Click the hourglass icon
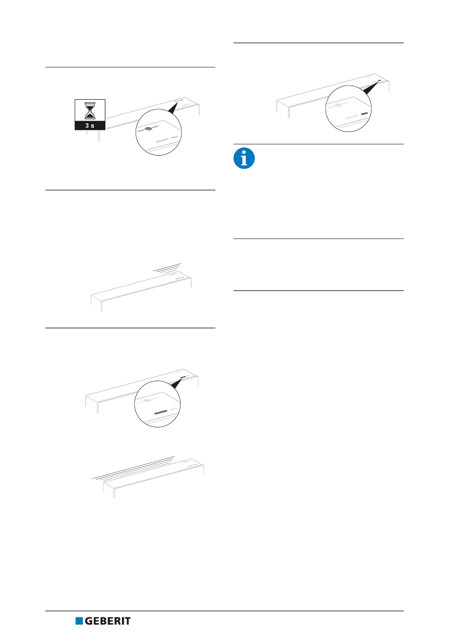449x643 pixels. pyautogui.click(x=90, y=111)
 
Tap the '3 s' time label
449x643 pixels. pyautogui.click(x=90, y=125)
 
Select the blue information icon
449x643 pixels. pyautogui.click(x=244, y=158)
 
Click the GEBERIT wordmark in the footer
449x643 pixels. pyautogui.click(x=108, y=621)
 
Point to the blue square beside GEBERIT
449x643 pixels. pyautogui.click(x=79, y=621)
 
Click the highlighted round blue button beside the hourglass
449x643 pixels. pyautogui.click(x=148, y=129)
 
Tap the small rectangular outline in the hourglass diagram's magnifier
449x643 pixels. pyautogui.click(x=174, y=138)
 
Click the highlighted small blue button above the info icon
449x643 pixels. pyautogui.click(x=364, y=113)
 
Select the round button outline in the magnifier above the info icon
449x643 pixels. pyautogui.click(x=338, y=105)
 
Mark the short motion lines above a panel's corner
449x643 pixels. pyautogui.click(x=167, y=267)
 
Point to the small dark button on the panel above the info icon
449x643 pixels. pyautogui.click(x=380, y=80)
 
